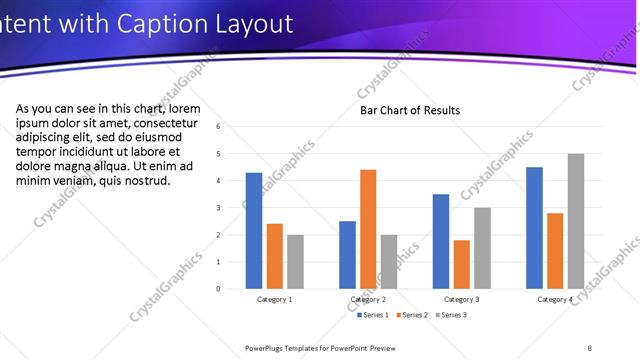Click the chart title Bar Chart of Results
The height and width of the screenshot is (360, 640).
click(410, 110)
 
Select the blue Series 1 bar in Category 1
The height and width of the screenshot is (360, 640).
click(254, 231)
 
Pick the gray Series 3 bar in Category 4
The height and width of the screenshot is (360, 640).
click(575, 221)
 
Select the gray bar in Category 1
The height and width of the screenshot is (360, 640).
click(295, 262)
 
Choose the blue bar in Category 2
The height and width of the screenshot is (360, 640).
click(347, 255)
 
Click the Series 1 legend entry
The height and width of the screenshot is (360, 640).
click(372, 315)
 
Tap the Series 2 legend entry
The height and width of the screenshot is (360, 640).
click(411, 315)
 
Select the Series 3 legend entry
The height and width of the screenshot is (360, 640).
click(449, 315)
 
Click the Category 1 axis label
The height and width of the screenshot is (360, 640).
click(275, 299)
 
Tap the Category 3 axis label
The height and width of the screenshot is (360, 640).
click(461, 299)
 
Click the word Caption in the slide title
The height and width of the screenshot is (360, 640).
click(161, 24)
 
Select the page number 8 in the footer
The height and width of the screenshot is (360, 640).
click(589, 347)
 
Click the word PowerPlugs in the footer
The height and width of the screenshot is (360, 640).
click(270, 347)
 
